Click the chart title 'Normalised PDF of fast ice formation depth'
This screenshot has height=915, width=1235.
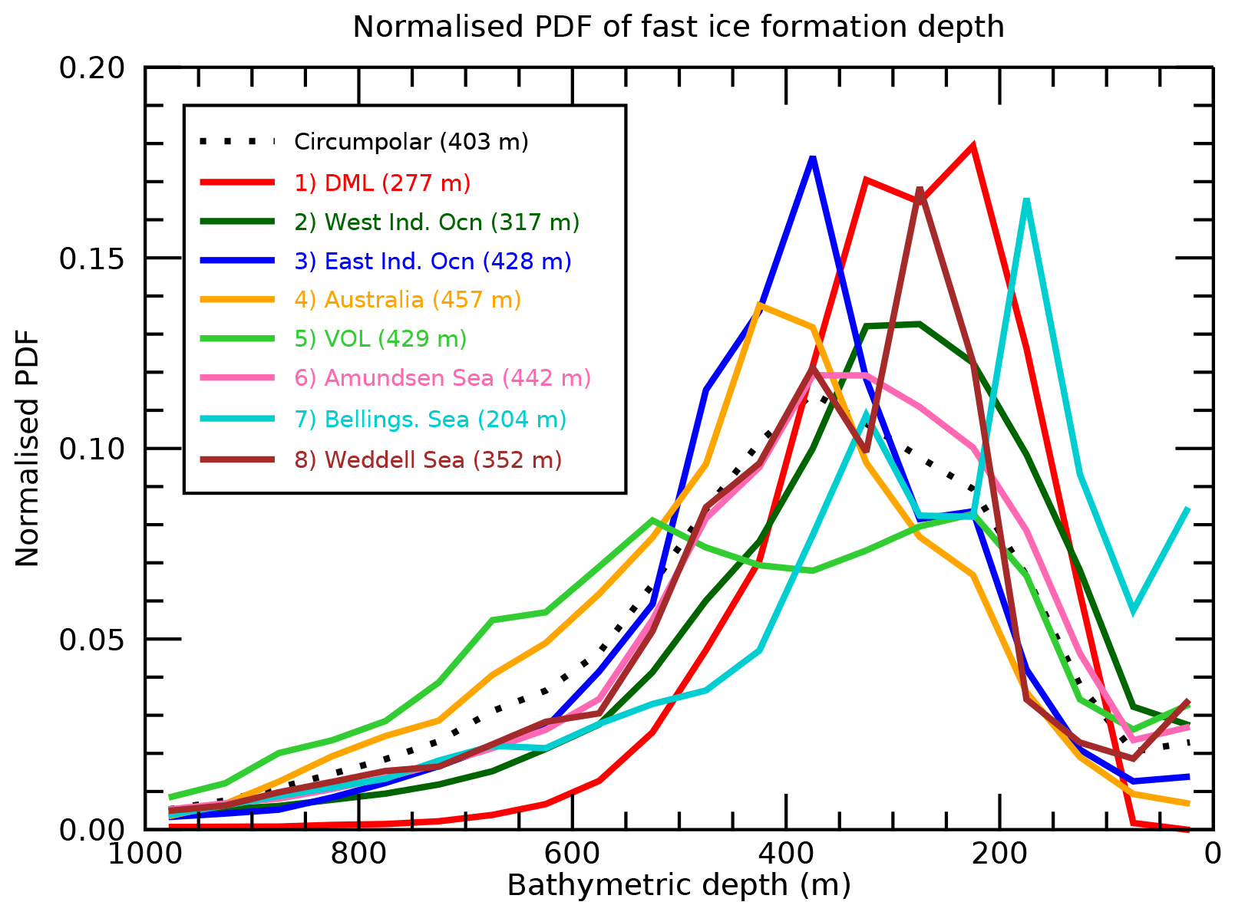[678, 27]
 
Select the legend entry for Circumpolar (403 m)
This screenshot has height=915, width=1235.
[411, 142]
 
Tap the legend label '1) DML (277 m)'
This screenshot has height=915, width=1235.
[382, 183]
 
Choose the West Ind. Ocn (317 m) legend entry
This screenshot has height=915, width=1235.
[437, 222]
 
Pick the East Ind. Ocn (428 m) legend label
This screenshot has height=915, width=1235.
[433, 261]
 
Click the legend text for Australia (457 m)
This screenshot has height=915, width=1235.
[408, 299]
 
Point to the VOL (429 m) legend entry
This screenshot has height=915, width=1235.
[380, 338]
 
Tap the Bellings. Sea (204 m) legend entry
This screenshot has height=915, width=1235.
[430, 420]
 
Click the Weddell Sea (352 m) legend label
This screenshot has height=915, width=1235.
[428, 459]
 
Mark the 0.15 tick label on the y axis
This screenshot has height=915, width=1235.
[91, 258]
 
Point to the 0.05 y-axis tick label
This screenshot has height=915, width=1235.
[91, 639]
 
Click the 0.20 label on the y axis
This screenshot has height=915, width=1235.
[91, 67]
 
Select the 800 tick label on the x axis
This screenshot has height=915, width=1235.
[358, 853]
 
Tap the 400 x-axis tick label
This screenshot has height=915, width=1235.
[786, 853]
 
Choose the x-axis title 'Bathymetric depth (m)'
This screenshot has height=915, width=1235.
[679, 885]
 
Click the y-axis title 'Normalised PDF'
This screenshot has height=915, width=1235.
[28, 449]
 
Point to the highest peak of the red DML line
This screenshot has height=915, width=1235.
[972, 146]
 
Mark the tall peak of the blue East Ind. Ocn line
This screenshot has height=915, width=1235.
[812, 158]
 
